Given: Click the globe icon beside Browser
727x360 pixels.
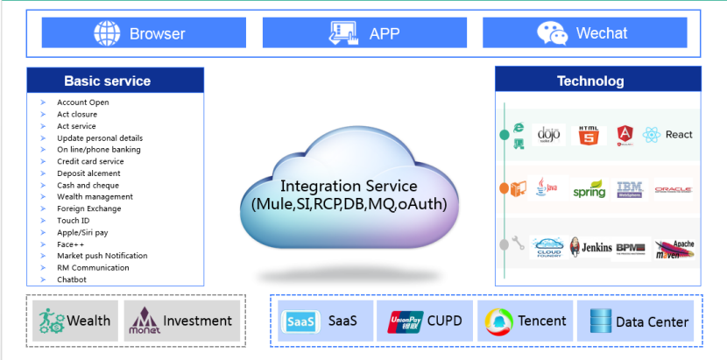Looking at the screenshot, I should coord(107,33).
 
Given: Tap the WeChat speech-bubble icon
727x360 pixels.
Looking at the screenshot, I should coord(552,33).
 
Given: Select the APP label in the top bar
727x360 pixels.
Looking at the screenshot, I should coord(385,33).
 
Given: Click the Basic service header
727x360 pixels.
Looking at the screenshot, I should coord(107,81).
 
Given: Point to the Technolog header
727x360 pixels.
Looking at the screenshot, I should coord(590,81).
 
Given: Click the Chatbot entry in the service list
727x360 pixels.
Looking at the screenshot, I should coord(72,279).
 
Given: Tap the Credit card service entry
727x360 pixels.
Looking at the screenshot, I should coord(90,161).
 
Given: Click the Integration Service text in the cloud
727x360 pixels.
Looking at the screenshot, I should coord(349,187).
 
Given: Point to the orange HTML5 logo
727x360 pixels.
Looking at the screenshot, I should coord(589,135).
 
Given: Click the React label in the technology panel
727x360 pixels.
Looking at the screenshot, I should coord(679,135).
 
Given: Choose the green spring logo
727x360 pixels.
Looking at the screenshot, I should coord(589,189).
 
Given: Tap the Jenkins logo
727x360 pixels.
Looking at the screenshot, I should coord(589,247).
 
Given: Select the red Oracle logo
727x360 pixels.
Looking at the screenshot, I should coord(673,189).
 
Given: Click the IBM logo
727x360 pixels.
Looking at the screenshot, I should coord(630,187).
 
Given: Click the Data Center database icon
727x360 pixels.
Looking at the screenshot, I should coord(600,321).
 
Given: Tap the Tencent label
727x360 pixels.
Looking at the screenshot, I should coord(541,321).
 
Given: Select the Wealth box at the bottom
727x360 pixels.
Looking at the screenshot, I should coord(75,321).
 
